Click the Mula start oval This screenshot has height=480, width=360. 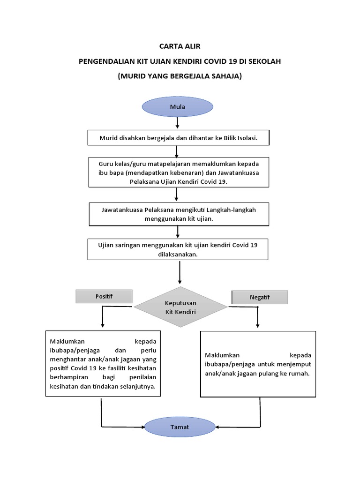tap(178, 107)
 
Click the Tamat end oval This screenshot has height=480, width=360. tap(180, 427)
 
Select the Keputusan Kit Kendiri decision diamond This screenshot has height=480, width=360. tap(180, 307)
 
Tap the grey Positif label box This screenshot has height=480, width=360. tap(104, 296)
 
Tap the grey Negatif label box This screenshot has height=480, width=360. tap(259, 297)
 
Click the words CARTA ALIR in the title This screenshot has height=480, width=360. tap(180, 46)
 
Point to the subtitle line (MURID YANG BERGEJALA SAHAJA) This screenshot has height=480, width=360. tap(180, 75)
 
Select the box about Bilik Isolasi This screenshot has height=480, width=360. tap(179, 138)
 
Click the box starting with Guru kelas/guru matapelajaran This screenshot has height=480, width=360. tap(179, 172)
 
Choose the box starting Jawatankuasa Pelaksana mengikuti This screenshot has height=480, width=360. tap(179, 214)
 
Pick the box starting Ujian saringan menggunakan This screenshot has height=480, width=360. tap(178, 249)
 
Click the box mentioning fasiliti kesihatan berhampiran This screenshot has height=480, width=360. tap(103, 364)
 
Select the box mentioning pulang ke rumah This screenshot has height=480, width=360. tap(258, 364)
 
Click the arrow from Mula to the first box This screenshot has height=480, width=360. tap(178, 123)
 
